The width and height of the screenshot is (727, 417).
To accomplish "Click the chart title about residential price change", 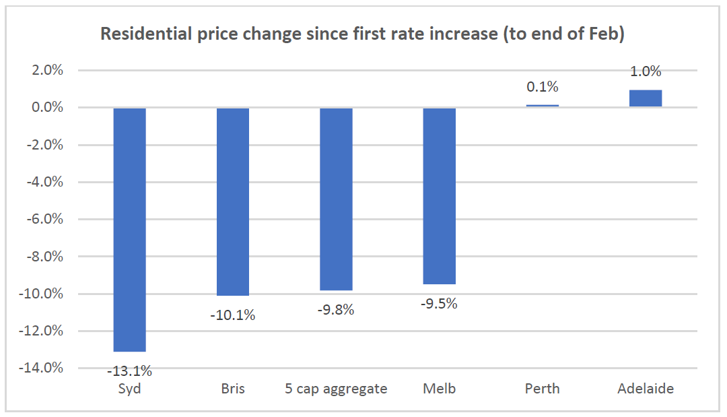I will (362, 34).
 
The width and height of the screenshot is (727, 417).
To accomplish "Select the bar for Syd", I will (129, 229).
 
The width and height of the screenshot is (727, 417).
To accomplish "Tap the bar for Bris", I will (233, 201).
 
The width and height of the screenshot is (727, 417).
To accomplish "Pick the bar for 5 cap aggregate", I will (336, 199).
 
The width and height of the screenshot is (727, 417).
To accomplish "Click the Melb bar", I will (440, 196).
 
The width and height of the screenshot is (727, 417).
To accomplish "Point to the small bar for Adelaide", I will (646, 98).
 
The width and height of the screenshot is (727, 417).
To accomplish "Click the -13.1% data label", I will (129, 371).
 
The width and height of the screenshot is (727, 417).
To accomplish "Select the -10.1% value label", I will (233, 315).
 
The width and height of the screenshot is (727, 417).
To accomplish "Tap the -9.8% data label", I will (336, 310).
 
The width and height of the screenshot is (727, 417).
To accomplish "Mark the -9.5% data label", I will (440, 304).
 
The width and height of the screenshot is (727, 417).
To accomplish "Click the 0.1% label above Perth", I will (543, 87).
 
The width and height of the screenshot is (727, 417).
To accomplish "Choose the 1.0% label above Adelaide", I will (646, 71).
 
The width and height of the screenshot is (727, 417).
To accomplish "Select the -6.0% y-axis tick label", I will (44, 220).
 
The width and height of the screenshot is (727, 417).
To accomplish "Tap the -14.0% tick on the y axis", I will (42, 368).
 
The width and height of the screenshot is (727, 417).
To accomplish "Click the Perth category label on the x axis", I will (543, 389).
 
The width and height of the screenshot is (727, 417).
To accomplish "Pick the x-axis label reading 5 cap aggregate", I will (336, 389).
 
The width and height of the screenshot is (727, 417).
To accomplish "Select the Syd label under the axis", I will (129, 389).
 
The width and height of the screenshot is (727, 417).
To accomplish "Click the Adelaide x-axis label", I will (646, 389).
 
